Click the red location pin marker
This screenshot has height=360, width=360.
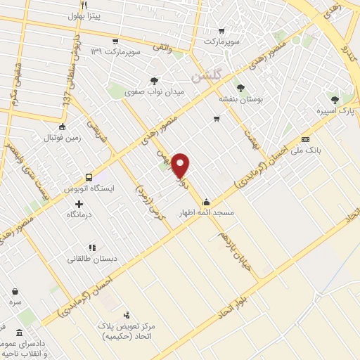[181, 165]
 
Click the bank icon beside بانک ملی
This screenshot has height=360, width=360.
[305, 139]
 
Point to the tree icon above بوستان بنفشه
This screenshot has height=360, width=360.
[241, 89]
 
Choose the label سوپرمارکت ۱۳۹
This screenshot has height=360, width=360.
[124, 53]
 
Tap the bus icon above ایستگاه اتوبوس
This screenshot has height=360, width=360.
[89, 177]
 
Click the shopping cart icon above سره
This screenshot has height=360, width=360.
[15, 290]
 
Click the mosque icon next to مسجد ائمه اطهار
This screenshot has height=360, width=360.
[206, 199]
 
